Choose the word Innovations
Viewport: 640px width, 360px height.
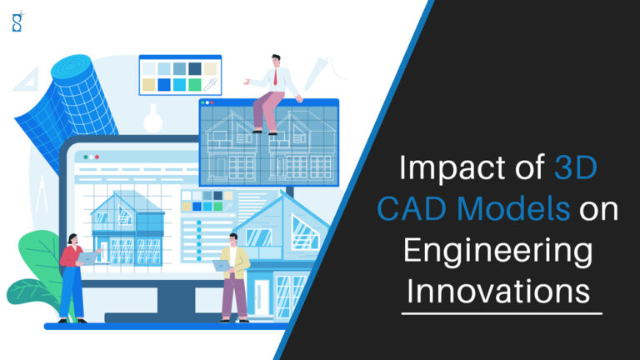499,292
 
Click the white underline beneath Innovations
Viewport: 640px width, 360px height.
499,314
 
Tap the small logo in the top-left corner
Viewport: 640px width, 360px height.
17,22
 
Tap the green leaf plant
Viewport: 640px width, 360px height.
33,267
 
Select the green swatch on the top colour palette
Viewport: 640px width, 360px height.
194,85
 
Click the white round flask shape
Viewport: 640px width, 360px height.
152,119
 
